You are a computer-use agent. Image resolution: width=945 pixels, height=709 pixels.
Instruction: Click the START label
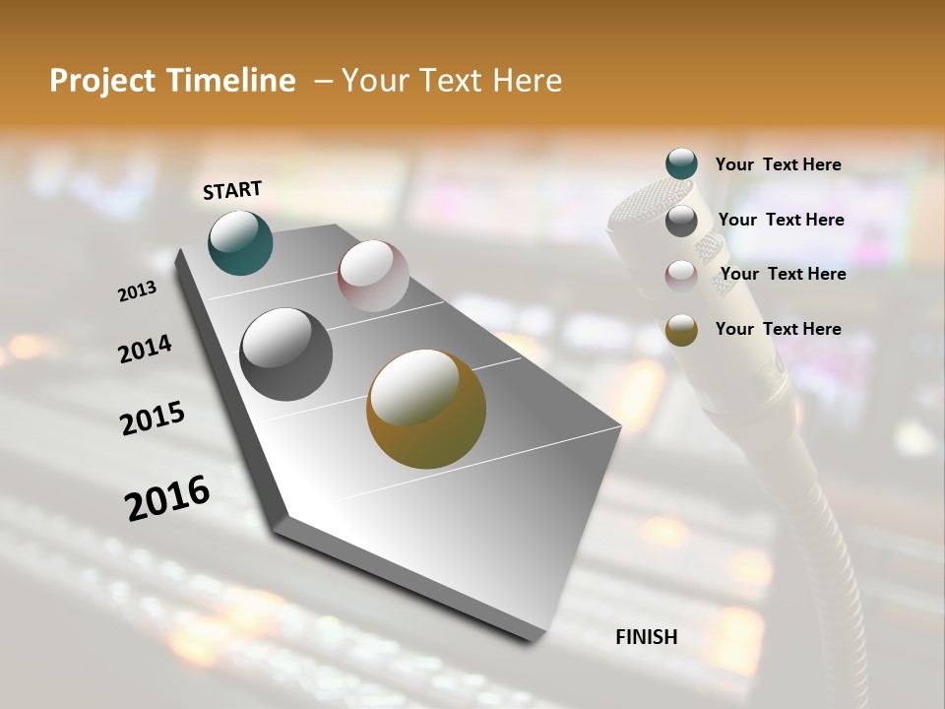[x=232, y=190]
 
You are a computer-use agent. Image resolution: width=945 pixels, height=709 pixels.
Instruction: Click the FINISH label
[x=647, y=637]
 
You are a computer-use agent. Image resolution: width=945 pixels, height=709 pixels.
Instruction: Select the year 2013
[x=137, y=290]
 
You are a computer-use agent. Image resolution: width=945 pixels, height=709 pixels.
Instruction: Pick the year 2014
[x=145, y=349]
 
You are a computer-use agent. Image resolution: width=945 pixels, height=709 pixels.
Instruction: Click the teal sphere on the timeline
[x=240, y=242]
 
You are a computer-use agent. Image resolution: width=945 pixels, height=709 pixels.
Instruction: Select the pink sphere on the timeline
[x=373, y=276]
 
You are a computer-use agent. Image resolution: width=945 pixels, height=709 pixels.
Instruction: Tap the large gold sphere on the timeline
[x=426, y=409]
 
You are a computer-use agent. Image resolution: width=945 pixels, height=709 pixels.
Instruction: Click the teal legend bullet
[x=681, y=164]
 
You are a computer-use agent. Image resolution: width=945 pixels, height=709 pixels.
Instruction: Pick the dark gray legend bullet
[x=681, y=221]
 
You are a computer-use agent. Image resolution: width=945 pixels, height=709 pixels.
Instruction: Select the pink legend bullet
[x=681, y=275]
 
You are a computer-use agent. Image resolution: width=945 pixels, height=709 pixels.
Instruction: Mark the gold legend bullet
[x=681, y=330]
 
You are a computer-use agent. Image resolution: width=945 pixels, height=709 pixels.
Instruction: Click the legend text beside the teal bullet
[x=778, y=164]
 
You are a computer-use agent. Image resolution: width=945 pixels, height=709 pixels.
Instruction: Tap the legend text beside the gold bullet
[x=778, y=329]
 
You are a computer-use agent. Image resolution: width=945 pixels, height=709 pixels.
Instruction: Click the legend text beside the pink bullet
[x=783, y=274]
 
